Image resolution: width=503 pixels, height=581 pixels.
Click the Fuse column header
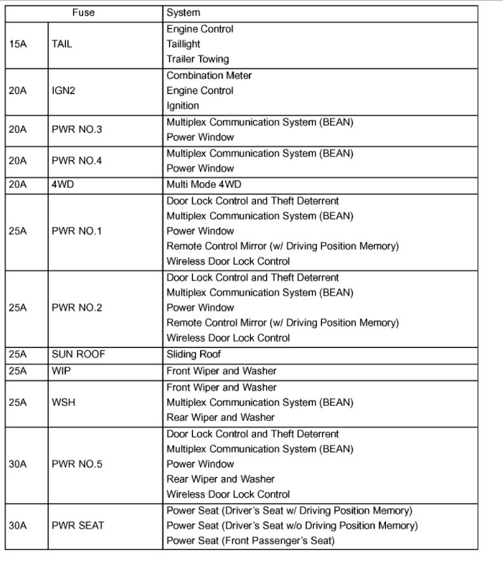83,13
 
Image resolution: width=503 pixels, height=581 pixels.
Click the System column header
183,13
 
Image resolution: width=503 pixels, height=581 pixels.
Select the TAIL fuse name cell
62,44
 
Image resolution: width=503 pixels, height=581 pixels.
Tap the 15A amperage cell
18,44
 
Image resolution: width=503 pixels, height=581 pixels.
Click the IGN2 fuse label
64,91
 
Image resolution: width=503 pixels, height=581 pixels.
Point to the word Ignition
183,106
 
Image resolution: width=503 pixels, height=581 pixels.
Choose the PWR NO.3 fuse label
76,130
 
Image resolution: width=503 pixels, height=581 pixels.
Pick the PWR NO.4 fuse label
76,161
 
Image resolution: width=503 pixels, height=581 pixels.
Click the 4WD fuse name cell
62,185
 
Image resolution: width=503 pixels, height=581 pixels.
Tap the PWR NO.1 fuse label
76,231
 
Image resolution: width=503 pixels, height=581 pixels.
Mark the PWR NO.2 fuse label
76,307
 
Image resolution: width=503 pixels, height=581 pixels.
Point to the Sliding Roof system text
194,354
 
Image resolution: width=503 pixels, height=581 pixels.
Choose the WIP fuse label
60,371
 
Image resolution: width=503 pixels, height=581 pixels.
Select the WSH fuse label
63,403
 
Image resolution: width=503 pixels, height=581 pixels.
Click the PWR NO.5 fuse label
76,464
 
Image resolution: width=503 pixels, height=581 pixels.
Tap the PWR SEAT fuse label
77,526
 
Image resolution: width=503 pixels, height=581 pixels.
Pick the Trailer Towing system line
198,60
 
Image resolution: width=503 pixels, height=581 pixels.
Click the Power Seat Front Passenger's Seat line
250,541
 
